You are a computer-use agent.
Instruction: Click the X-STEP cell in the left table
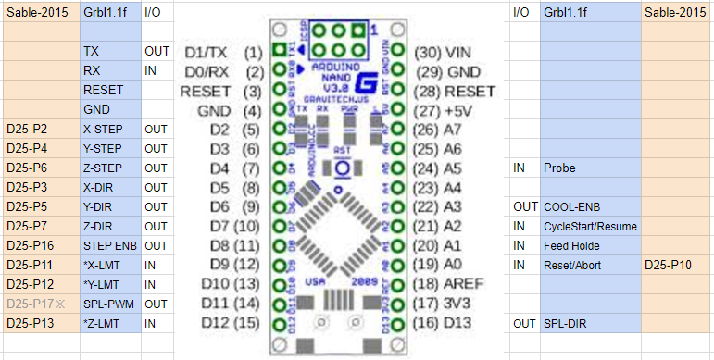pos(107,129)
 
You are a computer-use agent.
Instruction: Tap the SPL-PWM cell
pos(107,304)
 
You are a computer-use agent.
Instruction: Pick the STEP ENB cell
pos(107,245)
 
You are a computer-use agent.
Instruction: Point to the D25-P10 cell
pos(676,265)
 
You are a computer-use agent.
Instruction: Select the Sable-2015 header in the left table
pos(39,12)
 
